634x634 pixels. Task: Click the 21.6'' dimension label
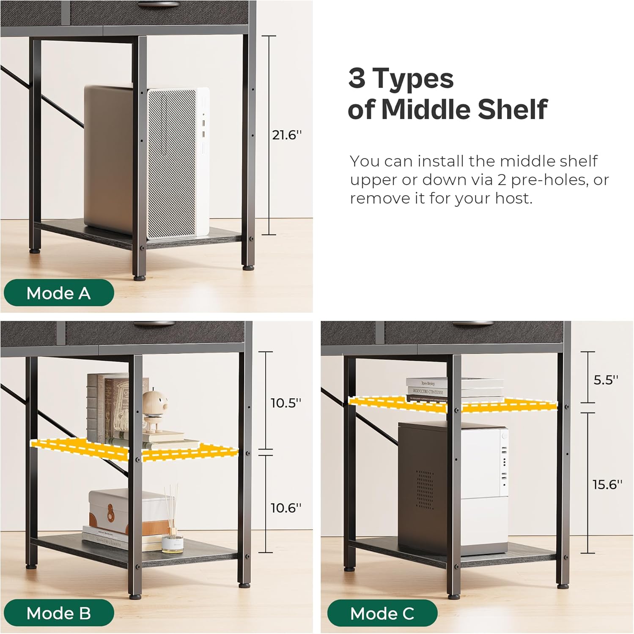(x=287, y=135)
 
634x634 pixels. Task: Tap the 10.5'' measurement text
(x=286, y=403)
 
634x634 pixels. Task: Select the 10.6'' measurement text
(x=286, y=507)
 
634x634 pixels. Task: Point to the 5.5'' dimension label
(x=606, y=380)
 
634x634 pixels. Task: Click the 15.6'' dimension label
(x=607, y=484)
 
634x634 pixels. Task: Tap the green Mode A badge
(x=59, y=292)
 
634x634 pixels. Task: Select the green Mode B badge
(x=59, y=613)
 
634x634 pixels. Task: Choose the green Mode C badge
(x=382, y=613)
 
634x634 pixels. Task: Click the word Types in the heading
(x=413, y=79)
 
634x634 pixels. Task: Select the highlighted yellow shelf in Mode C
(x=453, y=404)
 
